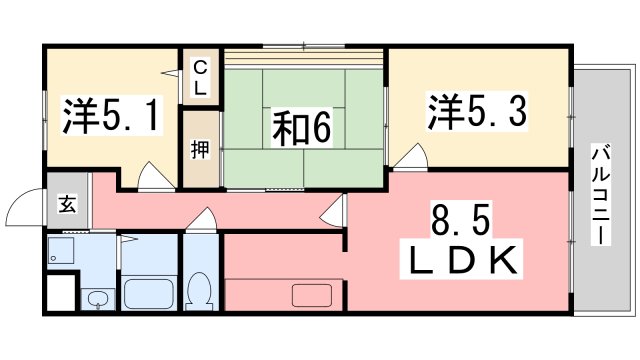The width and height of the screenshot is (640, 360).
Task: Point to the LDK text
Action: pyautogui.click(x=463, y=263)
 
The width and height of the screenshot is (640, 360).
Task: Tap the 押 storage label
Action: pyautogui.click(x=200, y=150)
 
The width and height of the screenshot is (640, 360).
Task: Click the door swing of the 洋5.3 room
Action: pyautogui.click(x=404, y=158)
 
